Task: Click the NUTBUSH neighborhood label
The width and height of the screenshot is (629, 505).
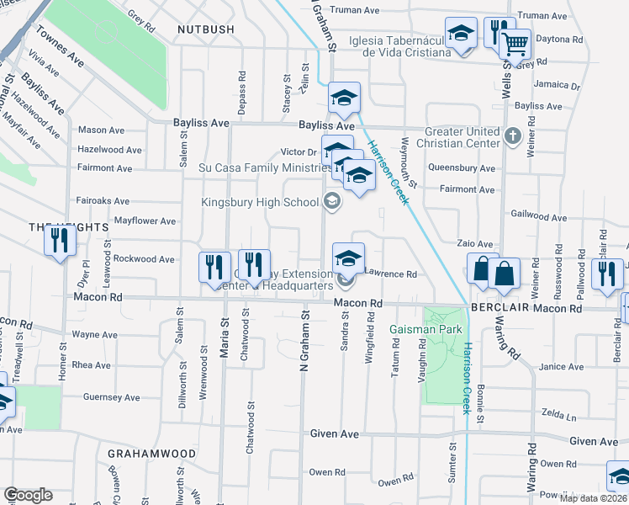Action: (x=206, y=29)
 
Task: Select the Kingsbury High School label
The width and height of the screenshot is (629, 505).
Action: (x=258, y=202)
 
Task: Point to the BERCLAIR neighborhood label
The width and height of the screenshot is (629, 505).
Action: (x=492, y=309)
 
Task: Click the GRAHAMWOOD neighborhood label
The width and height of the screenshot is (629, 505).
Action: (x=151, y=454)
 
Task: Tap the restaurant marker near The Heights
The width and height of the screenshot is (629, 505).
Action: (x=60, y=242)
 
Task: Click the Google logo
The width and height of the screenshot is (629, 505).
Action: (x=27, y=495)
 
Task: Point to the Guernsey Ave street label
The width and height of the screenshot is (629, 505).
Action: (x=111, y=397)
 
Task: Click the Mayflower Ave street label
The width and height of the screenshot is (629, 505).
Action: (x=145, y=221)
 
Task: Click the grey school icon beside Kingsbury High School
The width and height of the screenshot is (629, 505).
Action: (x=332, y=201)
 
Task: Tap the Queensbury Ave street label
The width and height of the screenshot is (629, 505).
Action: (x=461, y=168)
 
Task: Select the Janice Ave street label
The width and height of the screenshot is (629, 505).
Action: (x=561, y=367)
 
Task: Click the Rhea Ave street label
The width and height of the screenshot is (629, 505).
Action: (x=92, y=365)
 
